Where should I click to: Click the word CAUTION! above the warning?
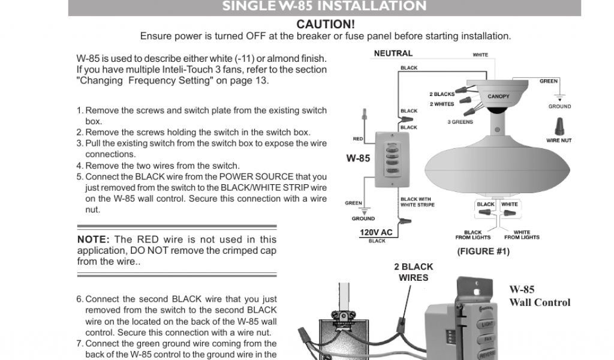click(x=326, y=25)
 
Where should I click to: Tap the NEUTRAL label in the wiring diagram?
click(x=393, y=53)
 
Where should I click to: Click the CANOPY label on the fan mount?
click(x=498, y=97)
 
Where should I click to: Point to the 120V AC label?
click(x=376, y=232)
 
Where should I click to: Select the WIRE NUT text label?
click(x=559, y=141)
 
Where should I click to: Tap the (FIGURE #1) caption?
click(x=483, y=251)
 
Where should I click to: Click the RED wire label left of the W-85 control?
click(x=358, y=139)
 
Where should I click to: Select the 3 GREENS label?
click(x=460, y=122)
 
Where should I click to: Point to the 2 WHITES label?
click(x=442, y=104)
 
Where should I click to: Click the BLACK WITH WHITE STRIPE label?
click(x=417, y=202)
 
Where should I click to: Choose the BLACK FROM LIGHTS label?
click(x=473, y=235)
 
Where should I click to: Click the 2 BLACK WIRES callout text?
click(x=414, y=272)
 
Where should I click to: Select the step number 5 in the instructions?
click(x=79, y=177)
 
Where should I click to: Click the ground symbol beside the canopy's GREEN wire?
click(x=559, y=98)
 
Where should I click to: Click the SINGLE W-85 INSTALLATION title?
click(x=324, y=7)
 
